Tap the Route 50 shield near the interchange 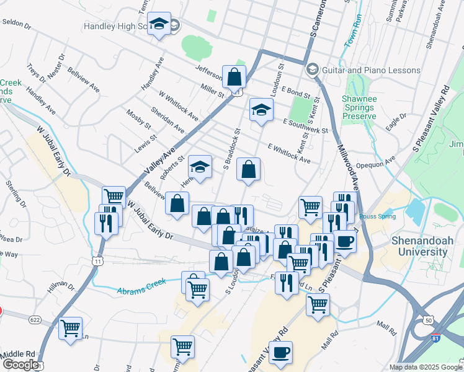(x=428, y=320)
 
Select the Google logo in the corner (x=20, y=365)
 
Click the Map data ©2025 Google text (x=425, y=367)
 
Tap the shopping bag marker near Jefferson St (x=234, y=78)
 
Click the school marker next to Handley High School (x=159, y=25)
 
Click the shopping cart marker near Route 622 (x=70, y=328)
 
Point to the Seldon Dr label (x=17, y=24)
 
